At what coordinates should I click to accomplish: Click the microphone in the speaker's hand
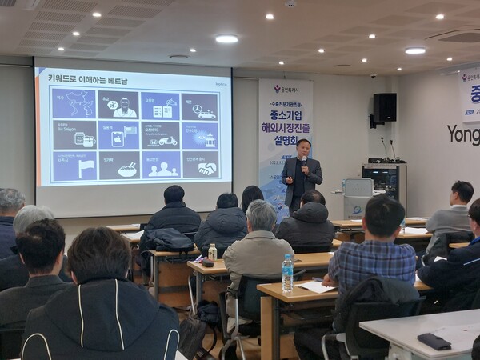pyautogui.click(x=303, y=161)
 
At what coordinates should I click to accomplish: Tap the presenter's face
pyautogui.click(x=303, y=148)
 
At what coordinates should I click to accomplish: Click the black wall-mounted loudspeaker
pyautogui.click(x=384, y=107)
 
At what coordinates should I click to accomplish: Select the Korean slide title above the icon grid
pyautogui.click(x=89, y=79)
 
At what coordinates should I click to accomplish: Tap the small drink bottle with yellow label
pyautogui.click(x=212, y=252)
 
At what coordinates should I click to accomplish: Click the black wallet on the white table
pyautogui.click(x=434, y=341)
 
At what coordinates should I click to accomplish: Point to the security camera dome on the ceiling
pyautogui.click(x=373, y=76)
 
